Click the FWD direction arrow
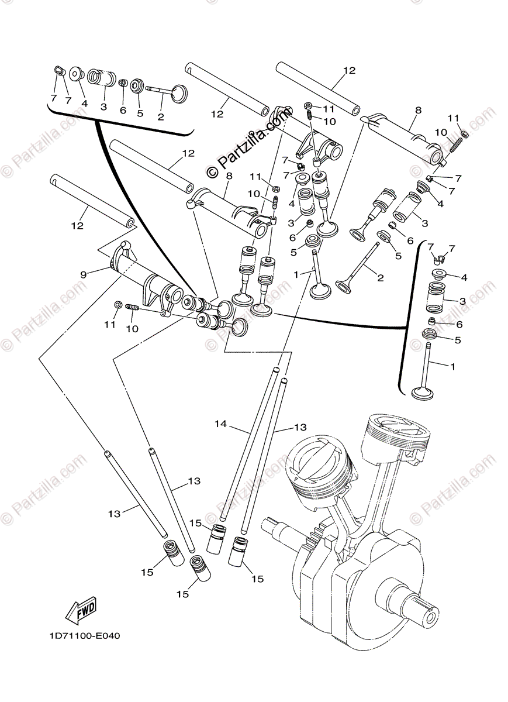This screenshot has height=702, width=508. coord(81,608)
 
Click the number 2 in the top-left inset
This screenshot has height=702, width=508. coord(160,116)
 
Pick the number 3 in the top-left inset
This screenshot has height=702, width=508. coord(103,107)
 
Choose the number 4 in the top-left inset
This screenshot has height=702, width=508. coord(84,103)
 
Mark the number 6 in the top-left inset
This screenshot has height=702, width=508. coord(123,110)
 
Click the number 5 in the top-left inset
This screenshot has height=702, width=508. coord(140,113)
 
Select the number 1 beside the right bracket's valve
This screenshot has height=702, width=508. coord(451,366)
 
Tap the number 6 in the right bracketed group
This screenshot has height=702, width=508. coord(459,324)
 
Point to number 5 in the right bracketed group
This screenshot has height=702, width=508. coord(458,340)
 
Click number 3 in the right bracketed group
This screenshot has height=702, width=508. coord(462,301)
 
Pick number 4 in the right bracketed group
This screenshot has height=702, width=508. coord(464,277)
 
